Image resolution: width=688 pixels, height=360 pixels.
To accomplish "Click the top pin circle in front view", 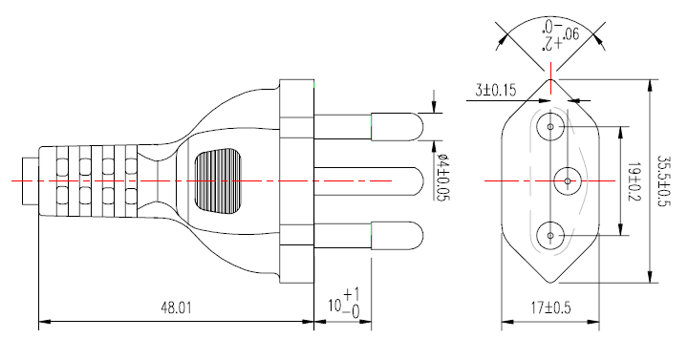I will (x=550, y=125).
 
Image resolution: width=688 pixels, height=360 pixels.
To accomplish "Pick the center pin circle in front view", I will (x=567, y=180).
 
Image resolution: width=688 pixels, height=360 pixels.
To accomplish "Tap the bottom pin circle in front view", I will (x=550, y=234).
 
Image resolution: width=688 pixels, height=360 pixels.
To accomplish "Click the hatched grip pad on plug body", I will (x=217, y=180).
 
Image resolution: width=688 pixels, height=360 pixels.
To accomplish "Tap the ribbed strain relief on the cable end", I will (x=86, y=180).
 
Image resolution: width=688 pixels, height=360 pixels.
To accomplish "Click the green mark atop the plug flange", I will (x=314, y=85).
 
